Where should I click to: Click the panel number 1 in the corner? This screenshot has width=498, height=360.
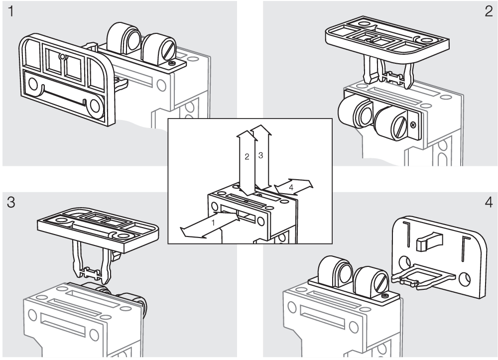click(10, 12)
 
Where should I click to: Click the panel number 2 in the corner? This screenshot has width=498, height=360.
click(488, 12)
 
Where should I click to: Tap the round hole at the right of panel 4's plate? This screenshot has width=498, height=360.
click(467, 276)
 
